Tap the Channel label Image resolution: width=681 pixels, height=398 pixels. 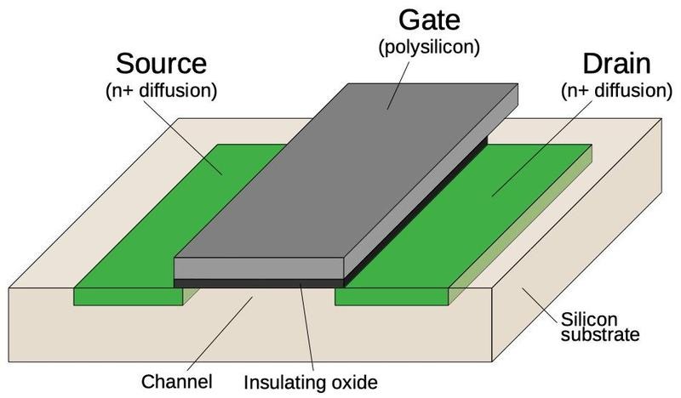(178, 380)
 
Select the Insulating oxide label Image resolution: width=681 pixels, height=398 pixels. (309, 380)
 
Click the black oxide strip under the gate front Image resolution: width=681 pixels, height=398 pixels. (259, 282)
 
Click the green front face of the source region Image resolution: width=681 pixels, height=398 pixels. (128, 296)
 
